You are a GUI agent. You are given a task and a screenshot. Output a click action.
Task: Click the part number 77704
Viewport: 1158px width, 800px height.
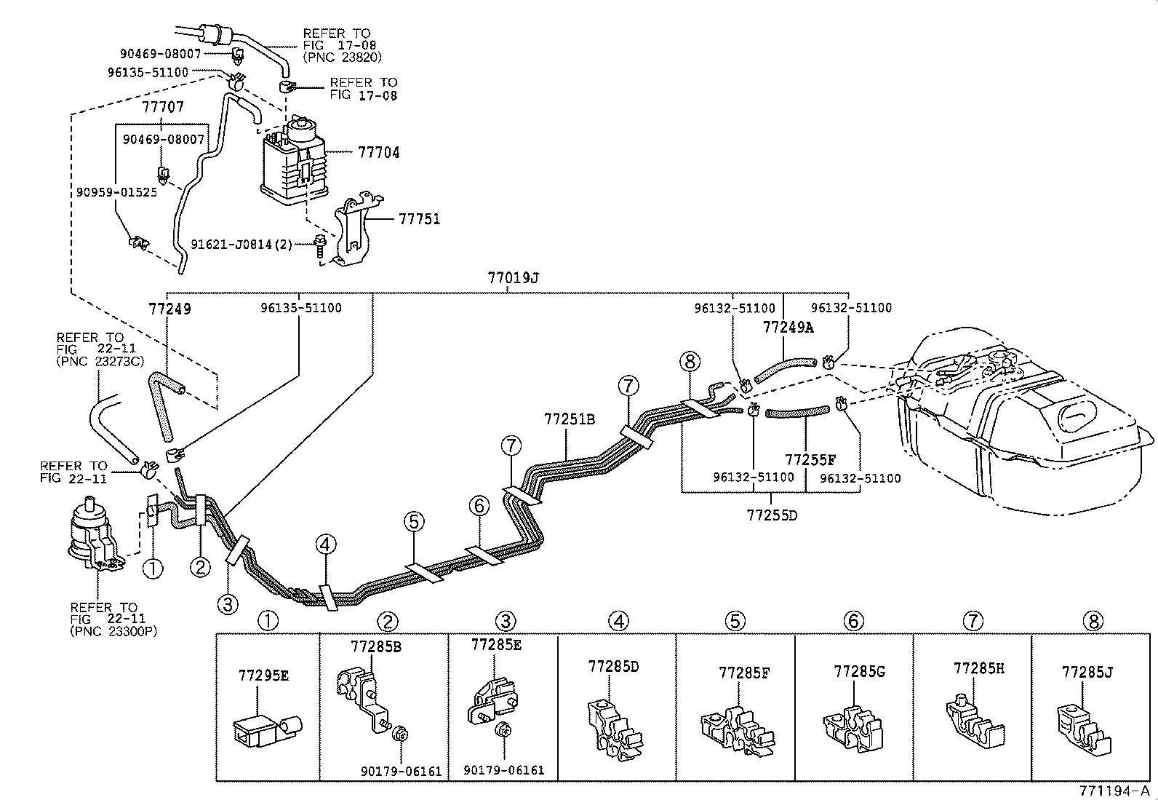point(379,153)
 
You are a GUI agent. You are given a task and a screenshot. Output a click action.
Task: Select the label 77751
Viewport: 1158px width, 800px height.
point(419,219)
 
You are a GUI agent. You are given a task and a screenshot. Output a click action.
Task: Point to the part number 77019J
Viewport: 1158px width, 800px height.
point(513,278)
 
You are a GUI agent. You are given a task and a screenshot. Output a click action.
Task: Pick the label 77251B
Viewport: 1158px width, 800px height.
point(570,419)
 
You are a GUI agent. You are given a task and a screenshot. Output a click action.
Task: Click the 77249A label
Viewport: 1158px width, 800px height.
point(788,328)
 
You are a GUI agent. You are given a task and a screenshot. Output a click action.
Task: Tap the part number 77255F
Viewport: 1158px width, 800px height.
point(810,459)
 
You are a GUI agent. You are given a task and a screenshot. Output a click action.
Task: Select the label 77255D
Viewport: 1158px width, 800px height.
point(772,515)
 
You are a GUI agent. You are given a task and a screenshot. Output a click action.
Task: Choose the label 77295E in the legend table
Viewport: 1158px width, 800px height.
point(263,676)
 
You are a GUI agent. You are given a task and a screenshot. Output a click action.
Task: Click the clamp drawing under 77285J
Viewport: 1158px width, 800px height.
point(1083,729)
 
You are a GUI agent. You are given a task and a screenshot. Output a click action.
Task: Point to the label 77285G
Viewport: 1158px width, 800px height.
point(859,672)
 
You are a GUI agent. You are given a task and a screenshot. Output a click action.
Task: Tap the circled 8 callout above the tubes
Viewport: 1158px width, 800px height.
point(690,361)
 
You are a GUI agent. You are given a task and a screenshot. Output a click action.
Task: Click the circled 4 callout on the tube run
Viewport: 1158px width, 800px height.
point(326,544)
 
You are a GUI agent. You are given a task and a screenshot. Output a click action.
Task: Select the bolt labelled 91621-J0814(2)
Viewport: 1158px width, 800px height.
point(320,247)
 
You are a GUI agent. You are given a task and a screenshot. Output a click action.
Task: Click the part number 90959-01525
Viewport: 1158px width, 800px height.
point(116,192)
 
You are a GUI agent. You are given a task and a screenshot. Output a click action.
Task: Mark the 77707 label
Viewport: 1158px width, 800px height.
point(163,107)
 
